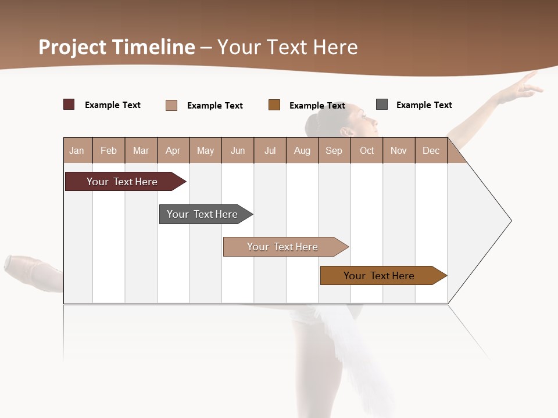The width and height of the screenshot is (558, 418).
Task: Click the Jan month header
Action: coord(77,150)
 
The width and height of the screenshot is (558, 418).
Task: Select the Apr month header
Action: coord(173,150)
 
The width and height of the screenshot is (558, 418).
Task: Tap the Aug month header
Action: coord(302,150)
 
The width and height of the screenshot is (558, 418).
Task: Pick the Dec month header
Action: coord(431,150)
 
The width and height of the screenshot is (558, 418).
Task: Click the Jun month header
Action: coord(237,150)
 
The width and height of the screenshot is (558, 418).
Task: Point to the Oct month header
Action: coord(366,150)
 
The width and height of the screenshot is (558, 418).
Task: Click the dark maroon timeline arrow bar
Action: coord(122,182)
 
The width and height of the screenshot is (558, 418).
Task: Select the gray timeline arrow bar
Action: coord(202,214)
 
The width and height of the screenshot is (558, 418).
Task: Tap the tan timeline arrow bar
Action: coord(282,247)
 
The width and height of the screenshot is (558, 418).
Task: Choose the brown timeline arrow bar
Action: coord(379,276)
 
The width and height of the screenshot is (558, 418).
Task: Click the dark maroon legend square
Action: coord(69,105)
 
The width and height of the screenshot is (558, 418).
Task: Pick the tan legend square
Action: coord(171,105)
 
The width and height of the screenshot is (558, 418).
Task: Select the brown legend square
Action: coord(274,105)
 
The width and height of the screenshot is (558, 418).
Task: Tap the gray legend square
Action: coord(381,105)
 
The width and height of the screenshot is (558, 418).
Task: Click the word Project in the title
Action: coord(72,47)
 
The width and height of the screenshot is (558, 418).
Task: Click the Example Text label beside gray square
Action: coord(424,105)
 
